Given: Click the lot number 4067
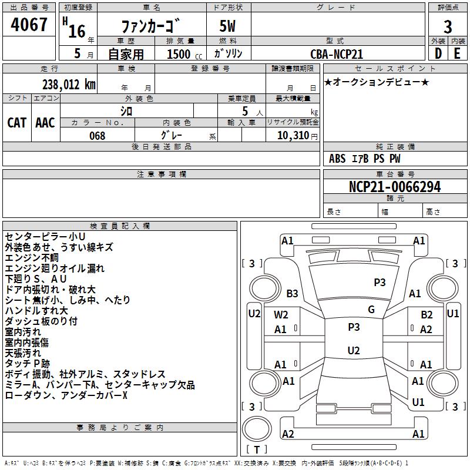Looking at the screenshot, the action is point(29,25).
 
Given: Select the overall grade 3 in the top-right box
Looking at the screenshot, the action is point(448,27).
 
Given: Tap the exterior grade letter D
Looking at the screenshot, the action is point(438,53).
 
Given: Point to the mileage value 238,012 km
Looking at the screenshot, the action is point(68,84).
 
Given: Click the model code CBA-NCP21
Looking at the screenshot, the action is point(337,54).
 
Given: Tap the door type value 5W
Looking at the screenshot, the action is point(228,27).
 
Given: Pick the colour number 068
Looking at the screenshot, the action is point(98,136).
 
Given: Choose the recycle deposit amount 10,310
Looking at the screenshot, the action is point(292,136).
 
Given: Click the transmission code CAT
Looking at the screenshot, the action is point(17,123).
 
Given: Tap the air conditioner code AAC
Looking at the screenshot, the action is point(45,123).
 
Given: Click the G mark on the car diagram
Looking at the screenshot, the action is point(371,310).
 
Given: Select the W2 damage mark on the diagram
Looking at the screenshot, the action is point(281,315).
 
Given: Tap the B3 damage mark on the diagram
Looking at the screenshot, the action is point(292,293).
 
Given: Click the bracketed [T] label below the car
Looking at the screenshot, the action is point(256,449).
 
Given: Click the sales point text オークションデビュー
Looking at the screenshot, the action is point(376,82).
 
